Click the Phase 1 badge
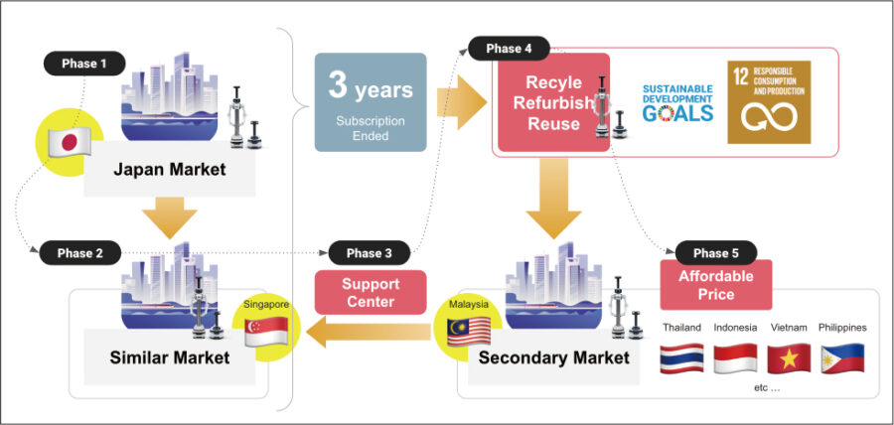point(84,64)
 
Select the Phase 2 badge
point(79,253)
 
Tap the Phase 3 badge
point(369,253)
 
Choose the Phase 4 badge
point(509,49)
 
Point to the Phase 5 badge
point(715,253)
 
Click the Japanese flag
point(69,141)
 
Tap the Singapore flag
point(266,332)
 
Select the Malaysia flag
point(469,331)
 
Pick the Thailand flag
point(681,358)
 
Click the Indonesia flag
point(735,358)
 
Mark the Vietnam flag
point(789,358)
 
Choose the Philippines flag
point(842,358)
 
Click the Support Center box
point(371,292)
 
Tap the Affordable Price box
point(715,285)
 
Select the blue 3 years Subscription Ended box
point(371,102)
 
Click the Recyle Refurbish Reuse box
point(553,102)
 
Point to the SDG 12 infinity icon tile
point(769,102)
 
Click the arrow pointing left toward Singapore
point(369,332)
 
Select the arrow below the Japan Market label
point(169,217)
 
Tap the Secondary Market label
point(553,357)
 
